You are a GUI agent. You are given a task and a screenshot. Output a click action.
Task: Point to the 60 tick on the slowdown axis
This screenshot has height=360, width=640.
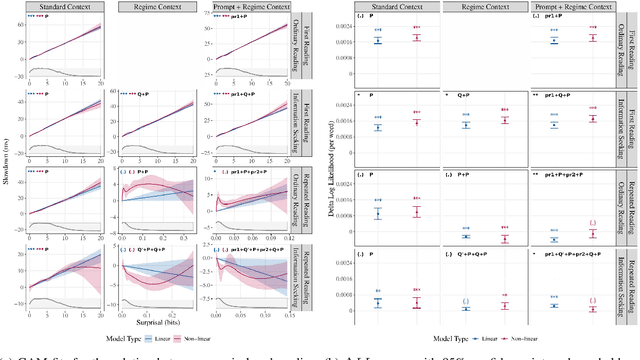pyautogui.click(x=22, y=21)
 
